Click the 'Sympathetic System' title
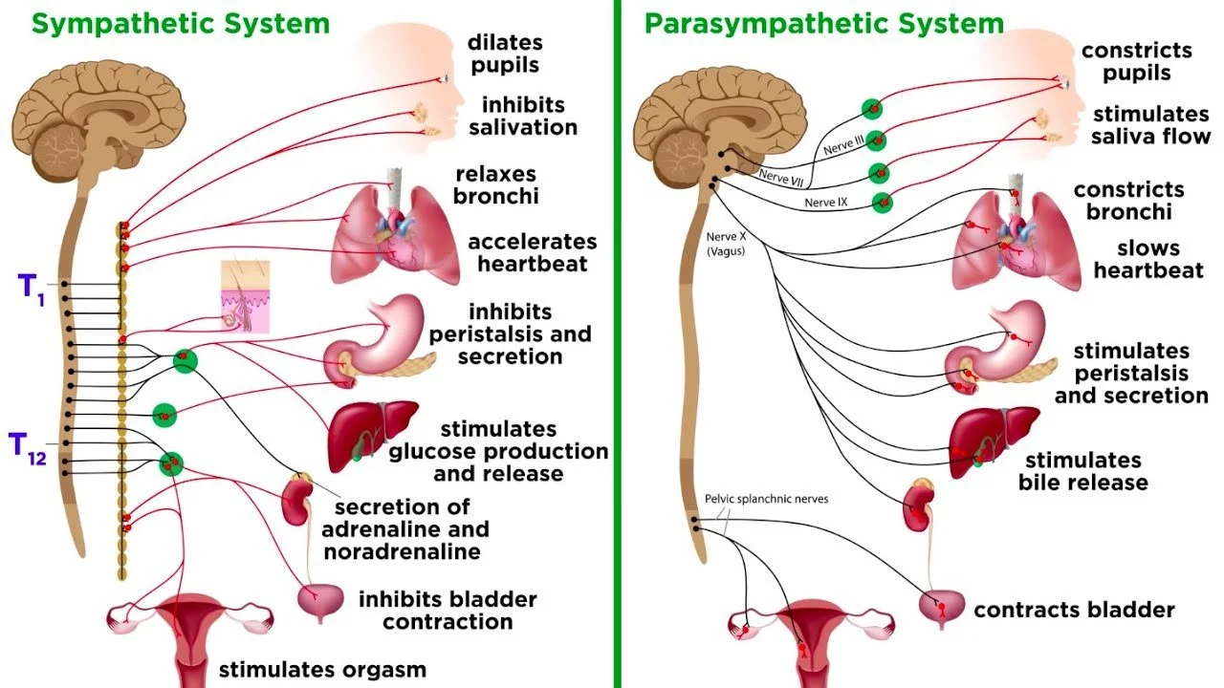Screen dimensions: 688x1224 [x=180, y=23]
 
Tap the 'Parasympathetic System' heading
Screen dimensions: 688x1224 [x=823, y=23]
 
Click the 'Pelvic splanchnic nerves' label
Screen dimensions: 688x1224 [x=766, y=499]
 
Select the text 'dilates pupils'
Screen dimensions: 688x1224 [x=504, y=54]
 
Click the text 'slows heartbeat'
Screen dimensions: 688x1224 [x=1148, y=260]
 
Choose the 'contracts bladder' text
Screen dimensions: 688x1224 [x=1074, y=610]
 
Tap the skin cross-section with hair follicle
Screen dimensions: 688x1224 [x=244, y=296]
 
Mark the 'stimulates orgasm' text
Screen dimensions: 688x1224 [x=322, y=669]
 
